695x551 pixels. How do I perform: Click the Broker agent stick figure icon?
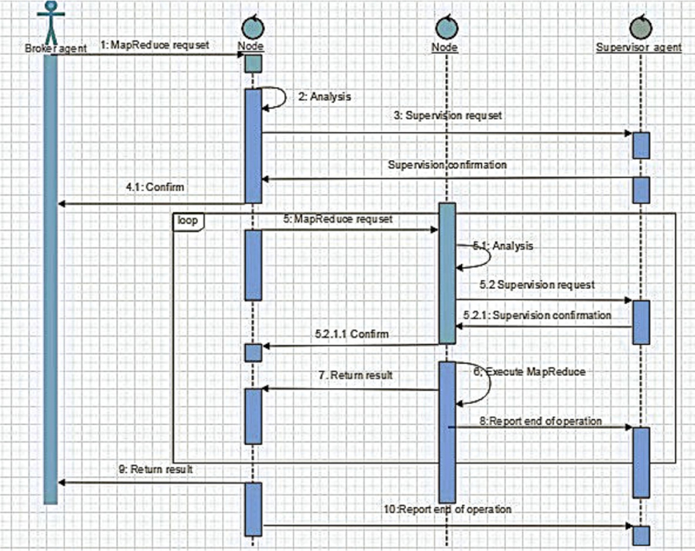(x=50, y=22)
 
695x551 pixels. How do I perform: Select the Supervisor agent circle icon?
(x=639, y=27)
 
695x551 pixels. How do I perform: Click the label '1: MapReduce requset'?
(x=154, y=45)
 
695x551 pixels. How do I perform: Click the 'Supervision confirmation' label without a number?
(x=447, y=165)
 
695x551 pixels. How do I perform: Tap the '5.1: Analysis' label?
(x=503, y=246)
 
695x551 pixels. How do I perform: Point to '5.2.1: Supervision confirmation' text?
(x=537, y=316)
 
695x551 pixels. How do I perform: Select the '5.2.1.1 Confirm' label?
(x=352, y=334)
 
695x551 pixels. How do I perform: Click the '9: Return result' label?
(x=156, y=469)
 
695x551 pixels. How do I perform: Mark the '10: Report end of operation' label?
(x=447, y=509)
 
